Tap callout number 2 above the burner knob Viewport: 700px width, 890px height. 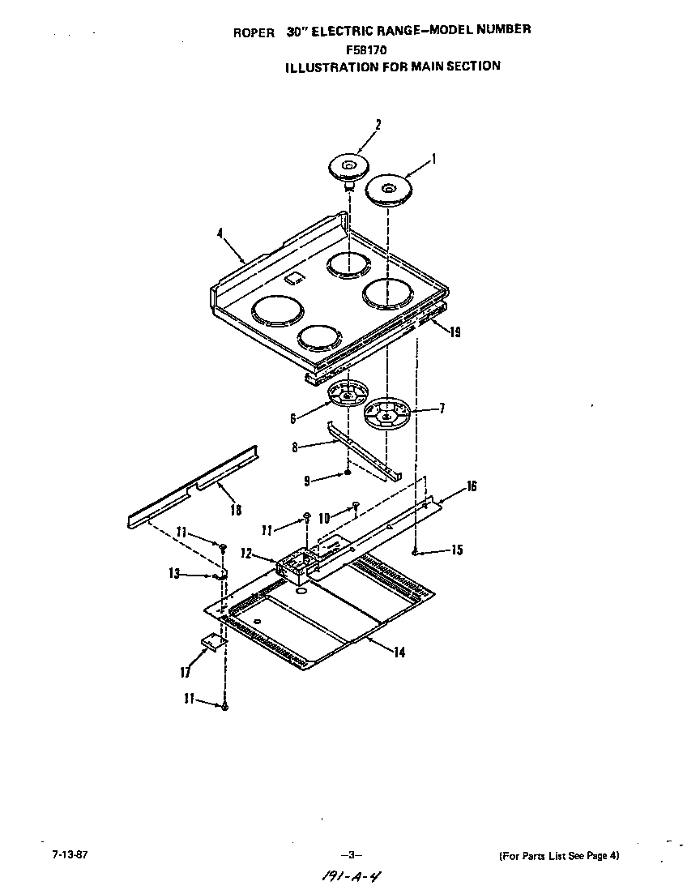(378, 125)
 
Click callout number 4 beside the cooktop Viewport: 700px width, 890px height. (220, 233)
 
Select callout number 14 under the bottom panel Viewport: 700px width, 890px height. (399, 653)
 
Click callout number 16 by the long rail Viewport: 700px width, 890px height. (471, 486)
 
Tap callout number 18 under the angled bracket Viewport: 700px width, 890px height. (236, 510)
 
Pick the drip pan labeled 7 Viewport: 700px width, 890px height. (387, 413)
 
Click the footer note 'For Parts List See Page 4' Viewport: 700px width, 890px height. (559, 855)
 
